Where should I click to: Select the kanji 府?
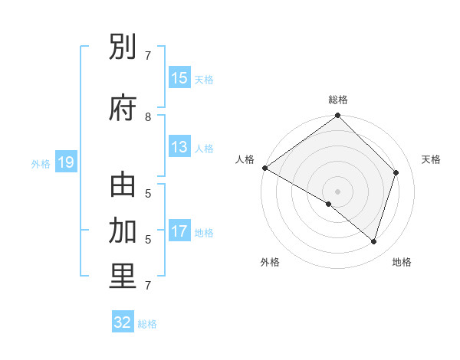point(123,108)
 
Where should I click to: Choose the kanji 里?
point(123,277)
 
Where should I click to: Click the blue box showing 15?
point(179,78)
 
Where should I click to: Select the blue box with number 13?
point(179,147)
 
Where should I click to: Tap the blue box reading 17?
point(179,231)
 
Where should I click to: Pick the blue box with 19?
point(65,162)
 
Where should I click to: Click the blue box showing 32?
point(123,322)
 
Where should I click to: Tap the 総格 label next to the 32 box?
point(147,324)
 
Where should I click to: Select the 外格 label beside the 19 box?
point(41,163)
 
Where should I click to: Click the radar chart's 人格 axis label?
point(245,159)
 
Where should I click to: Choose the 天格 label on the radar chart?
point(432,159)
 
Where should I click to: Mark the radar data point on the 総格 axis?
point(337,116)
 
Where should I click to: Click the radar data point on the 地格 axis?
point(373,241)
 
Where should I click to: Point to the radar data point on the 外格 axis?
point(329,204)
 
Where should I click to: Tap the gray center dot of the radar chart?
point(337,191)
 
